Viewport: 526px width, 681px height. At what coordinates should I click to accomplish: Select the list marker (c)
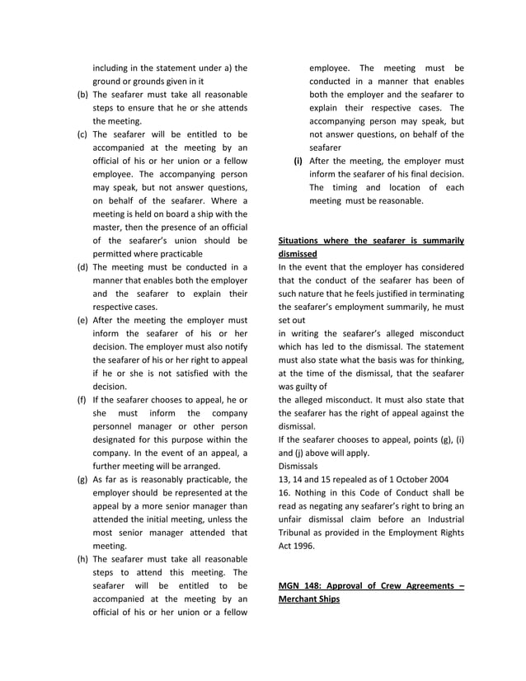click(x=82, y=134)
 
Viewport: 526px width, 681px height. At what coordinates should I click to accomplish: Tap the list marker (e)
click(x=82, y=320)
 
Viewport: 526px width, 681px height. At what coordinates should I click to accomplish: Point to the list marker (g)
click(x=82, y=479)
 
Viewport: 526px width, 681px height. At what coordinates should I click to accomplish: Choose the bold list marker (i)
click(x=298, y=161)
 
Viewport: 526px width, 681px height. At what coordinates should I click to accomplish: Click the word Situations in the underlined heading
click(x=304, y=241)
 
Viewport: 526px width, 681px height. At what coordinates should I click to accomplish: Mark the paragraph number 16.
click(x=284, y=492)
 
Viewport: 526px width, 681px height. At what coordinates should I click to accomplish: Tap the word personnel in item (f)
click(x=116, y=426)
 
